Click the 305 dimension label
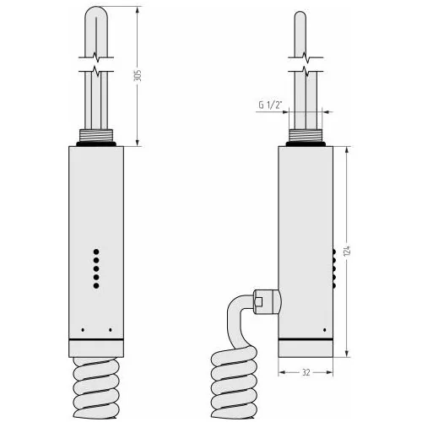pyautogui.click(x=138, y=75)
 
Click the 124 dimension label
pyautogui.click(x=347, y=251)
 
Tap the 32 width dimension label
pyautogui.click(x=306, y=372)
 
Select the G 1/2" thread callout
pyautogui.click(x=270, y=105)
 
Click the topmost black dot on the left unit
pyautogui.click(x=96, y=252)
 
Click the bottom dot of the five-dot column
pyautogui.click(x=96, y=286)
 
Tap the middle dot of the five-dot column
pyautogui.click(x=96, y=268)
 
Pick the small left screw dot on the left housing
pyautogui.click(x=83, y=330)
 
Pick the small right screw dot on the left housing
pyautogui.click(x=110, y=330)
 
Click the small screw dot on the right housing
pyautogui.click(x=325, y=330)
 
